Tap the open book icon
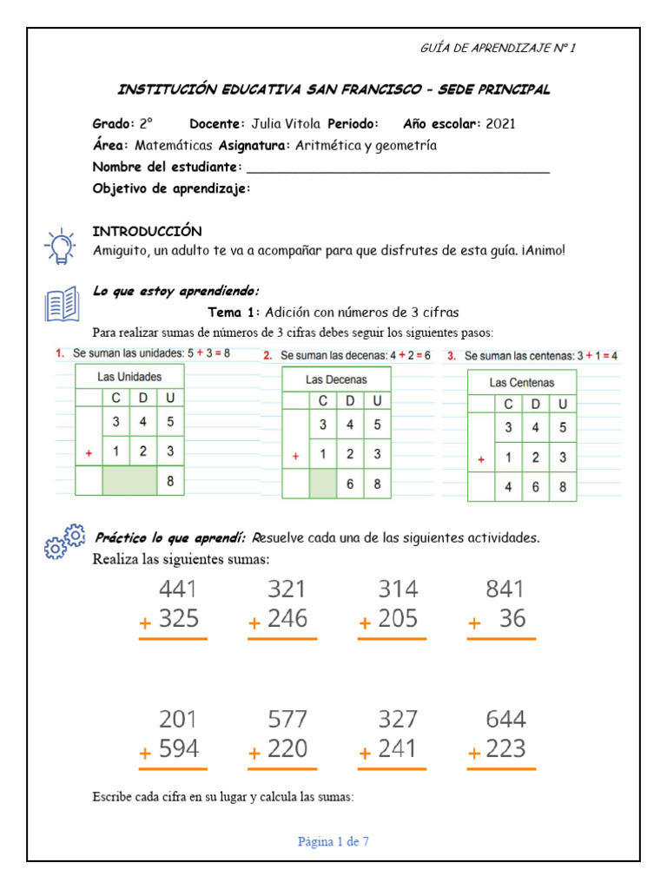(x=61, y=305)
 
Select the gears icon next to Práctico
(x=64, y=543)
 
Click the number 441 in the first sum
(x=178, y=589)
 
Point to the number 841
(x=505, y=589)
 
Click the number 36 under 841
(x=513, y=619)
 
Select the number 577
(x=287, y=720)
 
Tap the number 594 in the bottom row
(x=179, y=749)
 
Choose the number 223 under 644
(x=506, y=749)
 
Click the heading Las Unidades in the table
(x=129, y=377)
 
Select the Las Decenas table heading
(x=336, y=379)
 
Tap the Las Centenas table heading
(x=521, y=382)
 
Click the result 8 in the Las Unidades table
(x=170, y=479)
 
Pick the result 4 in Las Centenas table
(x=507, y=487)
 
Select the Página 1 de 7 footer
(x=333, y=841)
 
